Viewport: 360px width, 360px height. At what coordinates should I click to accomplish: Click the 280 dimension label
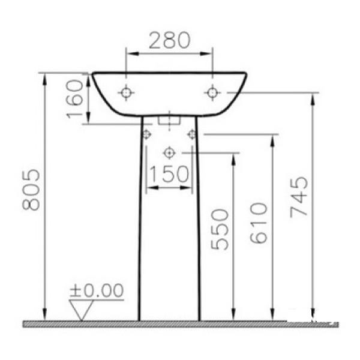(169, 41)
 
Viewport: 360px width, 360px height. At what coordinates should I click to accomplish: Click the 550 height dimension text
(221, 229)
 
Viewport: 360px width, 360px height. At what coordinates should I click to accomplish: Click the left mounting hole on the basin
(126, 92)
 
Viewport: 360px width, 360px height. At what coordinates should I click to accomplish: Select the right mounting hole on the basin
(211, 92)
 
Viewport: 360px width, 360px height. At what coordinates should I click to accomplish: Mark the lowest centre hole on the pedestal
(169, 152)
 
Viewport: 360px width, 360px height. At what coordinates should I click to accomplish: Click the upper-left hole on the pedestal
(146, 134)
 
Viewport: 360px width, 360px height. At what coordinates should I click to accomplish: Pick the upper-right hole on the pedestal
(192, 134)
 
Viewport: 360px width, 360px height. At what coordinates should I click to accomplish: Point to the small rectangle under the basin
(170, 119)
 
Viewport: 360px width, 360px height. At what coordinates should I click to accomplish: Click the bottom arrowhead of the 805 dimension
(44, 316)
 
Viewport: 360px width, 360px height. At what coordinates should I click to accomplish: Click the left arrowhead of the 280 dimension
(129, 53)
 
